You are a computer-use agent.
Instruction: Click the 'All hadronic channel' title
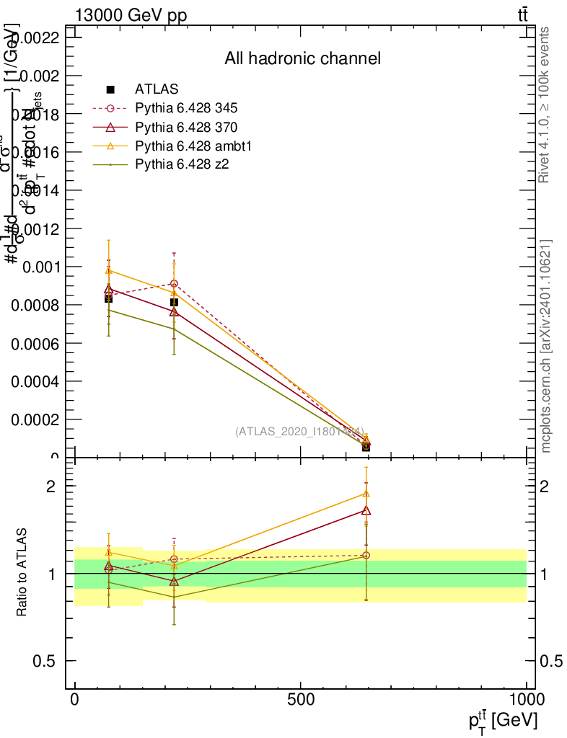pos(302,58)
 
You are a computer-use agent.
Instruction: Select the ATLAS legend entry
pos(157,89)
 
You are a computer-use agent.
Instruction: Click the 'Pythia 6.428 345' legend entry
pos(186,108)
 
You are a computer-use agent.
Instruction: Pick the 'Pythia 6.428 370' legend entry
pos(186,128)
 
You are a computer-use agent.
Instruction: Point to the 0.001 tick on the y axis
pos(41,267)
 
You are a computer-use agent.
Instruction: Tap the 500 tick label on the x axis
pos(300,699)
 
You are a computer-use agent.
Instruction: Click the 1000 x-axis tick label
pos(526,699)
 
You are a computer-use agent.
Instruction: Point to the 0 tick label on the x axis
pos(75,699)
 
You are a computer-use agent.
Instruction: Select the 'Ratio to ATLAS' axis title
pos(22,572)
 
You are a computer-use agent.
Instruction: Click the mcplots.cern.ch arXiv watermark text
pos(546,346)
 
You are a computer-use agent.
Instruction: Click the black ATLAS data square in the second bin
pos(174,303)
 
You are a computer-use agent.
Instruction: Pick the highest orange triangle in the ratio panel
pos(366,494)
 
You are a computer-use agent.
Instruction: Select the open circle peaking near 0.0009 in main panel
pos(174,284)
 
